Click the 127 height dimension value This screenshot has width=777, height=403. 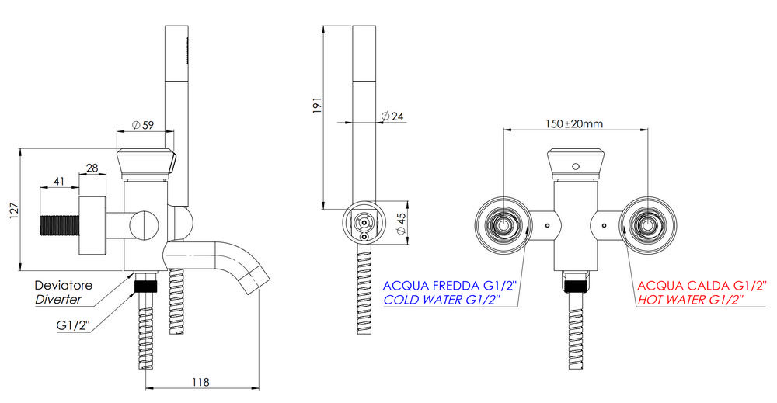[x=14, y=210]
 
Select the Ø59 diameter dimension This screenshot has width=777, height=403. [x=143, y=125]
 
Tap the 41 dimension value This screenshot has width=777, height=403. [x=59, y=181]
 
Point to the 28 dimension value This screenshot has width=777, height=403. [x=92, y=168]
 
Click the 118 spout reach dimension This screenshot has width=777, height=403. [x=200, y=382]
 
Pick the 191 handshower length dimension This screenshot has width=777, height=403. [x=318, y=106]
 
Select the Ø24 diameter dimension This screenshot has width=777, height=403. [x=392, y=116]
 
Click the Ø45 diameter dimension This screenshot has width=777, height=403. [x=402, y=224]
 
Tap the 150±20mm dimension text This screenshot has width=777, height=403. [x=574, y=123]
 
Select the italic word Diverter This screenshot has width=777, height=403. [x=58, y=299]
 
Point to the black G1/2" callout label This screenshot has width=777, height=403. [x=72, y=325]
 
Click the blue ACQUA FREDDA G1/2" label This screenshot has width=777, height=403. [x=450, y=286]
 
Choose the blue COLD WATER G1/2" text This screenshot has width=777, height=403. [x=442, y=300]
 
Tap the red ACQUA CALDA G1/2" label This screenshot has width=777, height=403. [x=702, y=286]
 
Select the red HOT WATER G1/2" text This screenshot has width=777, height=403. [x=691, y=300]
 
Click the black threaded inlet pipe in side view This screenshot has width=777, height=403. [x=58, y=226]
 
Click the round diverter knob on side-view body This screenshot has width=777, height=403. [x=145, y=225]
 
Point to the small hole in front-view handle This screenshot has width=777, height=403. [x=575, y=166]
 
